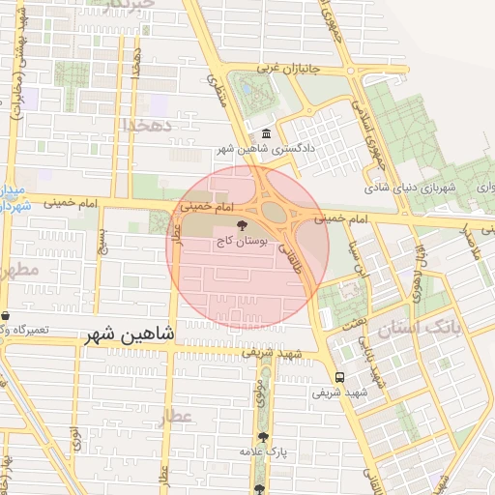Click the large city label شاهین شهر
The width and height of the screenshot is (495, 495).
(130, 334)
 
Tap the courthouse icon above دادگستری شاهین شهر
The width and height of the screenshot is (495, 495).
(266, 133)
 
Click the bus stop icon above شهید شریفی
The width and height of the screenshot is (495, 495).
(340, 378)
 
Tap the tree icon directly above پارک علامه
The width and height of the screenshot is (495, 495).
(263, 437)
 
